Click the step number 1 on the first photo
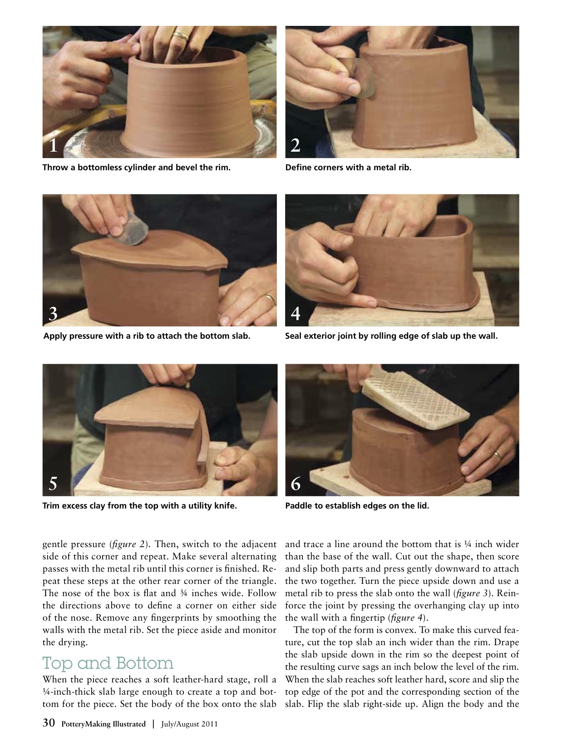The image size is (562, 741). point(53,145)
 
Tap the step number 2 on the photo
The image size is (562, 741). point(296,145)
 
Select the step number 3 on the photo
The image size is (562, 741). point(53,314)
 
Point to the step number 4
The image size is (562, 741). point(296,314)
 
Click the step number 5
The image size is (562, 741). point(53,484)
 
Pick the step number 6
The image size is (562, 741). point(296,484)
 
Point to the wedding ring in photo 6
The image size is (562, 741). point(498,455)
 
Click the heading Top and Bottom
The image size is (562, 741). point(108,663)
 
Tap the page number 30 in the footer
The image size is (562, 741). point(49,722)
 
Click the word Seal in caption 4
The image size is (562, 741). point(293,336)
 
